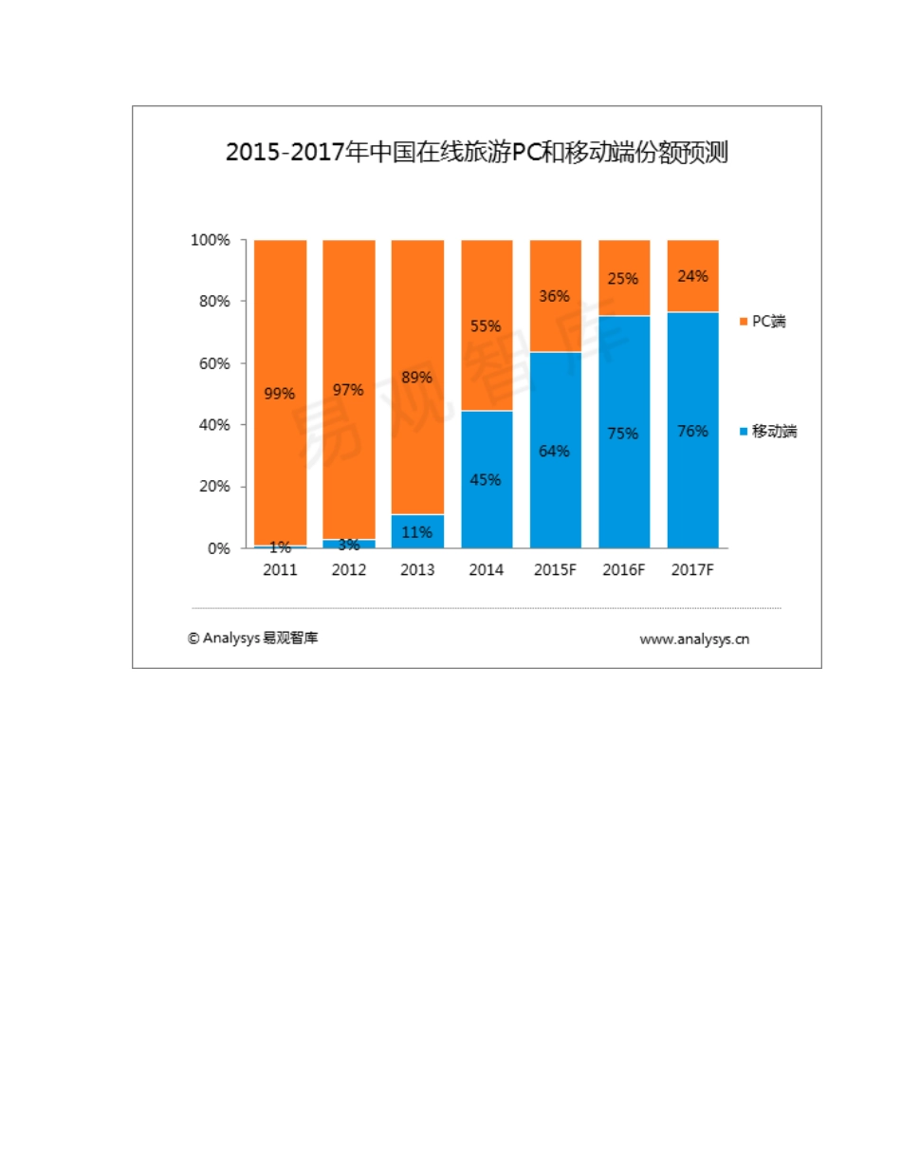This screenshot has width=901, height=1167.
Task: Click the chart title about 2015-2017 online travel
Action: click(476, 153)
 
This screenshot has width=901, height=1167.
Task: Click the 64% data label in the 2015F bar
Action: click(555, 451)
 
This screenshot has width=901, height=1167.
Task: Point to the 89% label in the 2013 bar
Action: click(417, 377)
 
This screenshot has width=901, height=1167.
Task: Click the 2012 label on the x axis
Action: click(349, 571)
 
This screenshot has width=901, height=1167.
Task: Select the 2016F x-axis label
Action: click(624, 571)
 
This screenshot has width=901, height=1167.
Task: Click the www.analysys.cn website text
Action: click(694, 639)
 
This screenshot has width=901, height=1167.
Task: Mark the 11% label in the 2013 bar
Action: click(417, 532)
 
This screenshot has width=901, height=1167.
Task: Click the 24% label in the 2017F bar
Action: click(692, 276)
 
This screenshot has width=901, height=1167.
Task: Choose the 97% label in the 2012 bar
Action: click(349, 390)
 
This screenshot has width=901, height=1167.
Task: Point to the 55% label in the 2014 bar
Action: click(487, 325)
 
